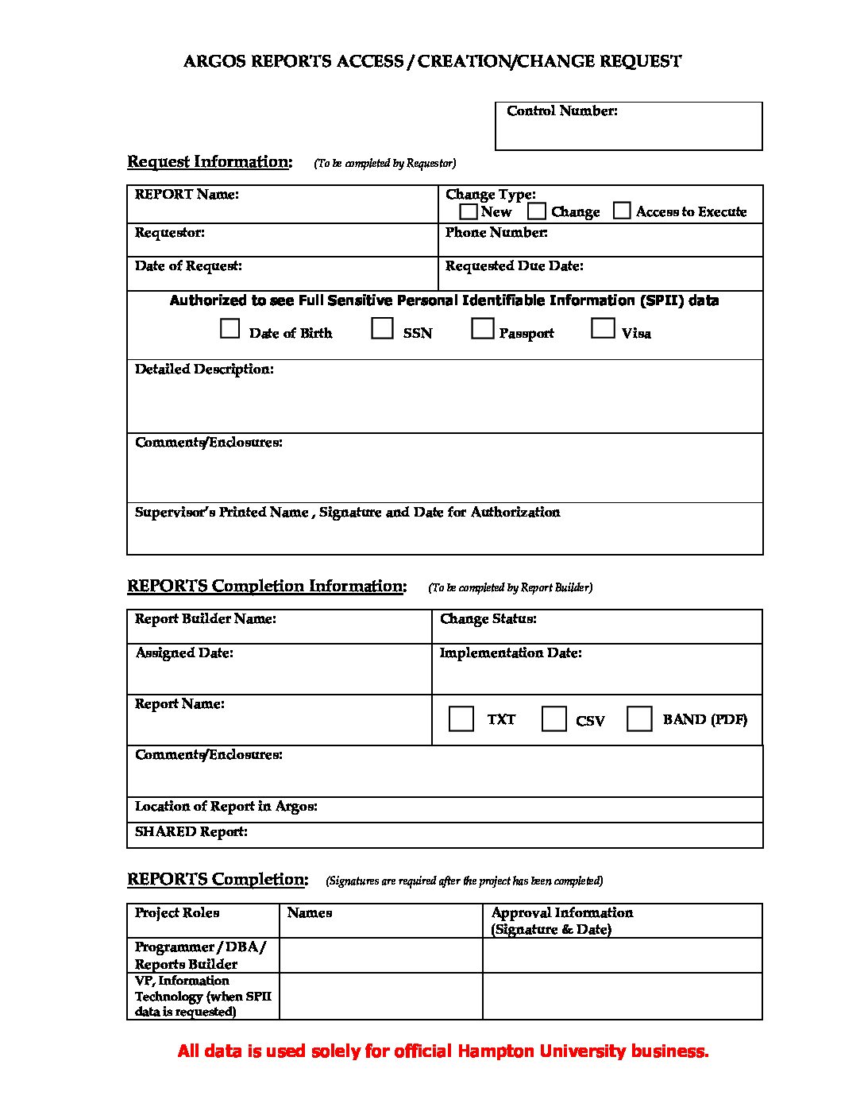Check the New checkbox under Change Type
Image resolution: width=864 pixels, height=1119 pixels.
coord(469,211)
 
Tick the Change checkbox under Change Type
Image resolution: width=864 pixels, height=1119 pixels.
coord(538,211)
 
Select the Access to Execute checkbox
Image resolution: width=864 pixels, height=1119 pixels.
coord(623,211)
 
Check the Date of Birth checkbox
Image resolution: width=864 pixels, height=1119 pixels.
coord(229,328)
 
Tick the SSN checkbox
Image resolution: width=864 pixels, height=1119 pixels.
coord(383,328)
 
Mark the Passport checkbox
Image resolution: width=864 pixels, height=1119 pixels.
coord(482,328)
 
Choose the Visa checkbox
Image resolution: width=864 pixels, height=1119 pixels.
coord(603,328)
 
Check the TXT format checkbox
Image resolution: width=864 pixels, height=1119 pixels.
coord(461,718)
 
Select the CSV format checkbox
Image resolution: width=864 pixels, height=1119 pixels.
coord(553,718)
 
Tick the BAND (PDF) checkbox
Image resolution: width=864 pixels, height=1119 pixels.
coord(639,718)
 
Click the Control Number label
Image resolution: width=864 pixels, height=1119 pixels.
coord(561,111)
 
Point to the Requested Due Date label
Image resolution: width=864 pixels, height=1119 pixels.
coord(514,266)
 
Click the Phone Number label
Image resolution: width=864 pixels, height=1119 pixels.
coord(496,233)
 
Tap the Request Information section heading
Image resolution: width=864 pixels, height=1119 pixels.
coord(210,162)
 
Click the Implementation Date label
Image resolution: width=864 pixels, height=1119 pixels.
coord(511,653)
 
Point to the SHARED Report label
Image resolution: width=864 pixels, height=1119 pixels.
coord(191,832)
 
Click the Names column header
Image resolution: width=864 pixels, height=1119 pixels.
coord(309,913)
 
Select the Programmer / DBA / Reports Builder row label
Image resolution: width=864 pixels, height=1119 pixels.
coord(199,955)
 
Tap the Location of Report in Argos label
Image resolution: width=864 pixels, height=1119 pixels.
coord(226,807)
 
